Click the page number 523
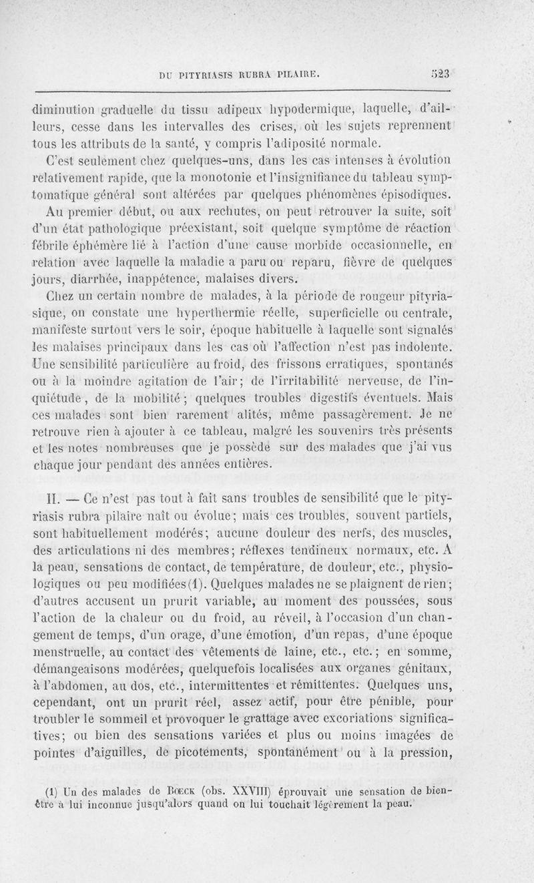pos(442,74)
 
